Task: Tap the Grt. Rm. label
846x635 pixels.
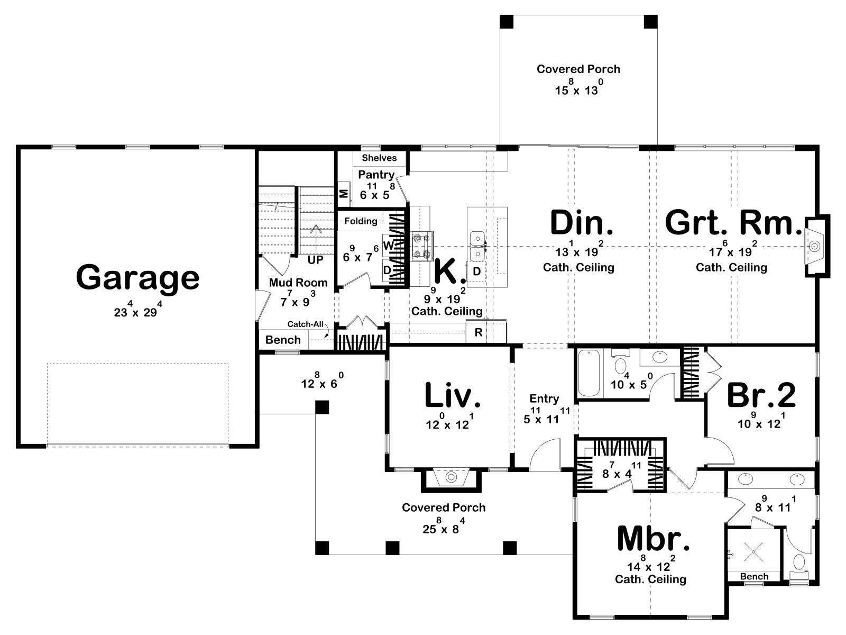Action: tap(733, 223)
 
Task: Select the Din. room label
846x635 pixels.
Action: tap(581, 223)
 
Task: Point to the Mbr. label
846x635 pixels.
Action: tap(654, 539)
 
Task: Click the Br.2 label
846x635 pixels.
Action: tap(761, 396)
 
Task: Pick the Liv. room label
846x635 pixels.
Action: tap(453, 396)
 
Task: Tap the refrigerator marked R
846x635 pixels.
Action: tap(479, 332)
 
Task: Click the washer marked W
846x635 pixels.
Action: tap(389, 245)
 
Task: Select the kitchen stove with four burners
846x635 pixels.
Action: tap(422, 246)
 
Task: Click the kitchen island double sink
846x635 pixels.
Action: tap(477, 247)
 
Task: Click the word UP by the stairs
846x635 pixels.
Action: tap(315, 260)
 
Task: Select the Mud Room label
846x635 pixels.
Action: tap(298, 283)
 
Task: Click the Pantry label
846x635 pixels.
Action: tap(376, 175)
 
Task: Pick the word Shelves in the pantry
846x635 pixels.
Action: tap(379, 158)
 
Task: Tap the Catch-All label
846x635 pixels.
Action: tap(305, 324)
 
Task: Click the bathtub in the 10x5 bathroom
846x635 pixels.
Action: tap(590, 373)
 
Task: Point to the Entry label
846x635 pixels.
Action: tap(544, 398)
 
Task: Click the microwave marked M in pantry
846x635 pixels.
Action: tap(344, 193)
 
